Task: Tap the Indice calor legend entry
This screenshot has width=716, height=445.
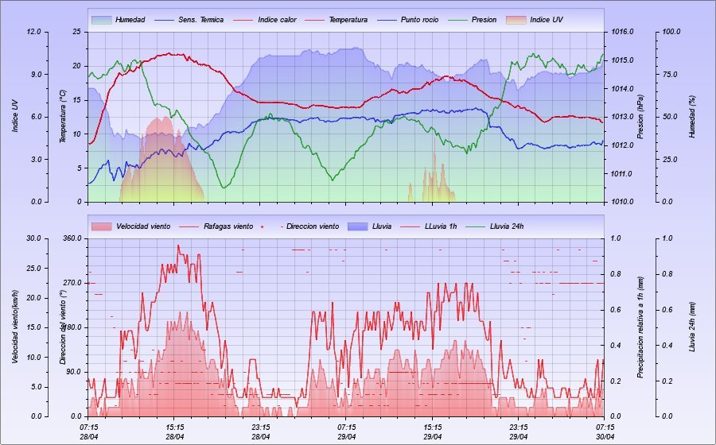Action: (x=277, y=19)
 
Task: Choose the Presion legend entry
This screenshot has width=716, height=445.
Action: (x=484, y=19)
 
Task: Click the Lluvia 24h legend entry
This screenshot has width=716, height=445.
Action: (x=506, y=226)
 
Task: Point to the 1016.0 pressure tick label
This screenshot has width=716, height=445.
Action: (x=623, y=32)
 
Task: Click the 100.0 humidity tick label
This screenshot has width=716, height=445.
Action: (x=672, y=32)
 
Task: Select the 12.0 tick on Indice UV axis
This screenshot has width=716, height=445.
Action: (x=33, y=32)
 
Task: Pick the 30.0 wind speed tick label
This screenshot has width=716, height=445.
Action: (x=33, y=238)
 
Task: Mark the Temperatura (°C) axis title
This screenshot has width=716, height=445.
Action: (x=63, y=116)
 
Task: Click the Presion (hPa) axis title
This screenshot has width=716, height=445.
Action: (x=640, y=116)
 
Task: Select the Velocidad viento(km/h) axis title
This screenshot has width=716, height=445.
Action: (x=15, y=327)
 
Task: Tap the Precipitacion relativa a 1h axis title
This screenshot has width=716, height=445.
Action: (x=640, y=327)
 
